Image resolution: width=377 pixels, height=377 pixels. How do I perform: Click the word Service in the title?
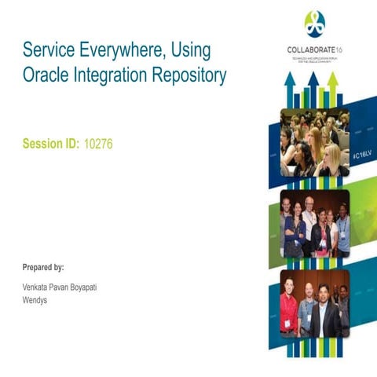coord(48,52)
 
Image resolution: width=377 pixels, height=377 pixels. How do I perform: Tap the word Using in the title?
coord(191,52)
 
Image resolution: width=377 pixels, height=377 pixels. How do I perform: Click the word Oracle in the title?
coord(46,76)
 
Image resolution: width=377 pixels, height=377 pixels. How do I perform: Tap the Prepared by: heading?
coord(44,267)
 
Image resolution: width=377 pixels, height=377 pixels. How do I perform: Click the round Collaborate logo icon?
coord(314,24)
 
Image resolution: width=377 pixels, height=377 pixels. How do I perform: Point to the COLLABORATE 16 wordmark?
coord(314,50)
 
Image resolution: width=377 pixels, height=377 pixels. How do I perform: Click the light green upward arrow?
coord(332,86)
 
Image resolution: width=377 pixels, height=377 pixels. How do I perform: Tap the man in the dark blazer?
coord(324,313)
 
